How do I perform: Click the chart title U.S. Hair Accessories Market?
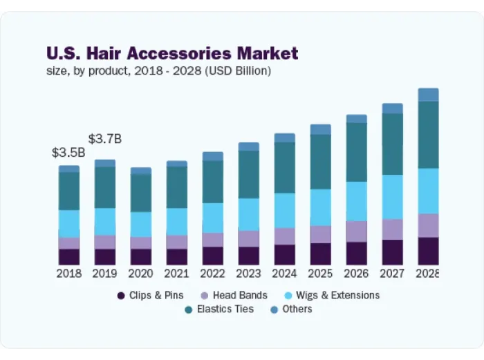point(172,53)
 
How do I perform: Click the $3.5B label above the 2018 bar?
point(68,153)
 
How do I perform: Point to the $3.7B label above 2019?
point(105,139)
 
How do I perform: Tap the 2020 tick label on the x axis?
point(140,274)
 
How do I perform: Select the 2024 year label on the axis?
point(284,274)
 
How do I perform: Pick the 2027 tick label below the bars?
point(392,274)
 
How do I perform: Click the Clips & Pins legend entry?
point(150,295)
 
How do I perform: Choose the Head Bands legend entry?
point(234,295)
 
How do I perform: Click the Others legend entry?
point(290,309)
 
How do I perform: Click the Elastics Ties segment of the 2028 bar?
point(428,135)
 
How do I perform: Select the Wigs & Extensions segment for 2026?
point(356,201)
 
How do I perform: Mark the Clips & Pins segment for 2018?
point(68,256)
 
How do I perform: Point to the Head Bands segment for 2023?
point(248,238)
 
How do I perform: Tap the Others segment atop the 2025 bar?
point(320,129)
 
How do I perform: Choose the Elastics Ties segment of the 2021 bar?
point(176,187)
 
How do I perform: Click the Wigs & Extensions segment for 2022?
point(212,218)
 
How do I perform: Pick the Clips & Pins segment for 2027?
point(392,252)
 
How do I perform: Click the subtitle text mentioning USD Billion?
point(158,70)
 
